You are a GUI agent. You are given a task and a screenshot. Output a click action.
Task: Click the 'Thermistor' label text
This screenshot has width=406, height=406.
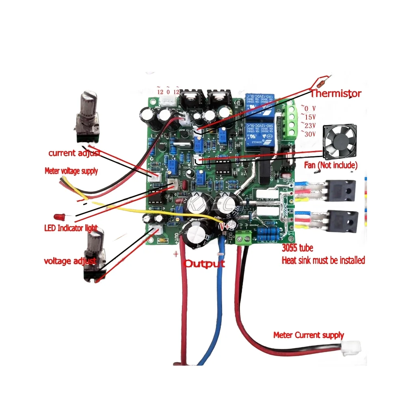coord(335,94)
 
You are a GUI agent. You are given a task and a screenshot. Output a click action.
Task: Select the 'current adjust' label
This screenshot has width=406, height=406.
coord(73,153)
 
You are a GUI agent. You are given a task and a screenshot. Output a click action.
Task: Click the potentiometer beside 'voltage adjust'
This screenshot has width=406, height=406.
coord(95,256)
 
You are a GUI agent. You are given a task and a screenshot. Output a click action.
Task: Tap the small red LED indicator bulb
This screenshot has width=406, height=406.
coord(58,216)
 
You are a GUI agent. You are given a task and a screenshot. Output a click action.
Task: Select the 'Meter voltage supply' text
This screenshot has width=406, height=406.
coord(71,171)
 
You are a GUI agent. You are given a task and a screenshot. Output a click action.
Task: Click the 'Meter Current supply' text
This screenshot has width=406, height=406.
coord(308,335)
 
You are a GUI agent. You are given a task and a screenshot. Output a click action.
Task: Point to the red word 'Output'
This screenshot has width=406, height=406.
coord(205,263)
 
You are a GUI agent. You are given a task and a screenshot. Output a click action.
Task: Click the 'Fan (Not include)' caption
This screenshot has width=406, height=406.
coord(330,165)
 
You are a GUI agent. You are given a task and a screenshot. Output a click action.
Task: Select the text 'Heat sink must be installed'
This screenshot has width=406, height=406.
coord(323,260)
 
